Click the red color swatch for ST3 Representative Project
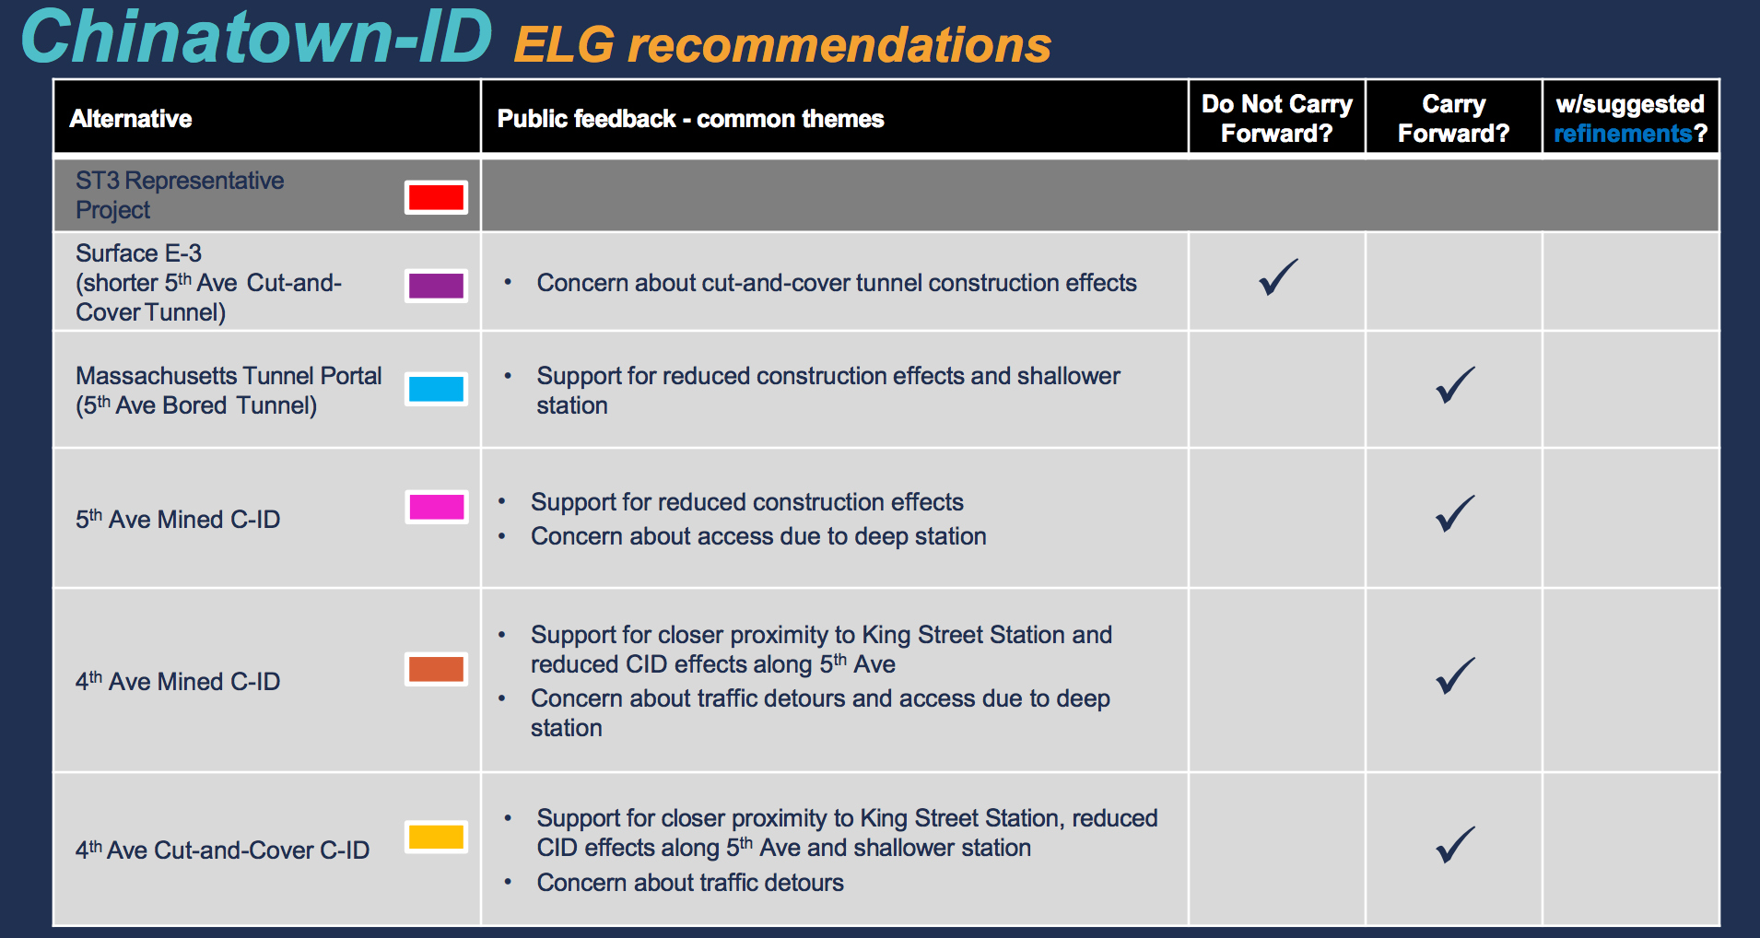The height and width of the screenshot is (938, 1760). [x=436, y=197]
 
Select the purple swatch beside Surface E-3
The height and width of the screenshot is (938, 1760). [x=436, y=286]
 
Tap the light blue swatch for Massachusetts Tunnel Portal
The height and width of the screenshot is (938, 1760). [x=436, y=389]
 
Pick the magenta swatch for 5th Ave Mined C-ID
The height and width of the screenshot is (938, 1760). [x=436, y=507]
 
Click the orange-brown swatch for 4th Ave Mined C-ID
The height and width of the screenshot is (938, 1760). [x=436, y=669]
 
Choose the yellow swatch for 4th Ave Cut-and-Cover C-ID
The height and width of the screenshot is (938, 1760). [x=436, y=837]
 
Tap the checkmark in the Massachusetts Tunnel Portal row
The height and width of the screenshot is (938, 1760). [x=1455, y=385]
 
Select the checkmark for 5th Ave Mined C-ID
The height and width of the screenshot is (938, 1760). [x=1455, y=514]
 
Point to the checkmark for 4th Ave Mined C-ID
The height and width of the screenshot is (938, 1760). [x=1455, y=676]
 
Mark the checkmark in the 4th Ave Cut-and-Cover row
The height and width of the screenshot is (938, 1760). [x=1455, y=845]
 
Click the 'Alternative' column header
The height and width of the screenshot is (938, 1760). [x=131, y=119]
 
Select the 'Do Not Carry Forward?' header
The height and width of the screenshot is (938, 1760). [x=1276, y=119]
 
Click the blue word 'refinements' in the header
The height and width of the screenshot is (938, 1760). [x=1623, y=135]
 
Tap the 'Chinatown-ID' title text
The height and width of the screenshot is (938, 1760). [x=256, y=37]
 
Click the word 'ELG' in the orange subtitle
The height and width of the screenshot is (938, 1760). [x=564, y=45]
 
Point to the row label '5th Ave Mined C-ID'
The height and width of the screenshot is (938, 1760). [x=178, y=520]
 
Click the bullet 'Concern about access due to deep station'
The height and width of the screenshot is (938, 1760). [x=757, y=536]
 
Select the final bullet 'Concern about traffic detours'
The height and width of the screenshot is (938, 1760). [x=689, y=883]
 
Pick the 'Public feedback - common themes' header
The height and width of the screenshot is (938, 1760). [x=690, y=119]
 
